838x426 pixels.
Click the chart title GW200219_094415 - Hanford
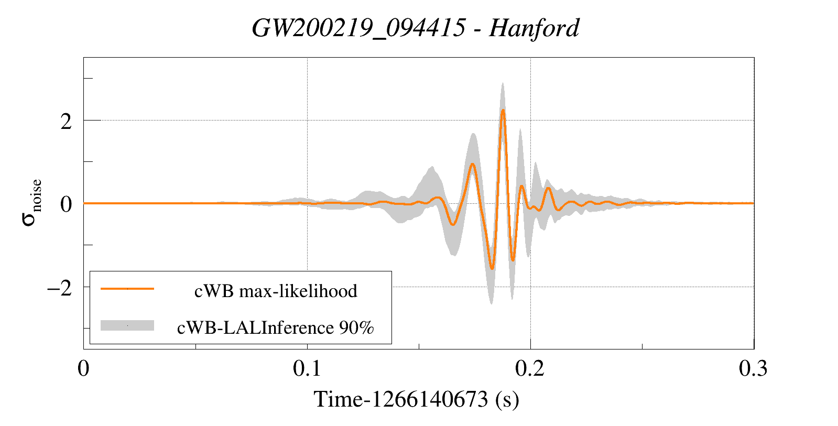(415, 28)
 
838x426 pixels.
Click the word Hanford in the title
(534, 28)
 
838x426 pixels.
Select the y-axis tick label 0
(66, 204)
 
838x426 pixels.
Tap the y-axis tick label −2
(60, 288)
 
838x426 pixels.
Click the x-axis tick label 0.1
(307, 368)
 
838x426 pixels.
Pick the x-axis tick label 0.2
(530, 368)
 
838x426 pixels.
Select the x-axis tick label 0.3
(753, 368)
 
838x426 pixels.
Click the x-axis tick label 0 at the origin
(84, 368)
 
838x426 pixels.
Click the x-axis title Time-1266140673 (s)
(416, 399)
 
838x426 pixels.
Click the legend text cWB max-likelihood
(276, 291)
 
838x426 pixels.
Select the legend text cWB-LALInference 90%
(276, 327)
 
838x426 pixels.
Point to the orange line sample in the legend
(127, 289)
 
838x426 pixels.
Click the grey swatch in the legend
(127, 325)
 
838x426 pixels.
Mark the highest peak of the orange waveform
(503, 110)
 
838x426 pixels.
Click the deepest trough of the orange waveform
(492, 269)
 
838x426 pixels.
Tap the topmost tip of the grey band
(503, 83)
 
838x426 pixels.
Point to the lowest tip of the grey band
(491, 304)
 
